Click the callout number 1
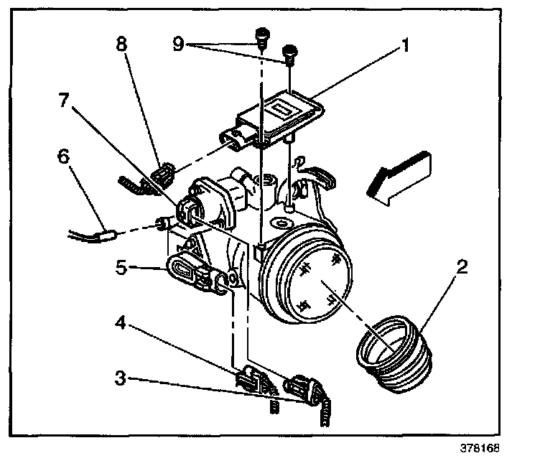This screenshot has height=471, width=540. pyautogui.click(x=406, y=48)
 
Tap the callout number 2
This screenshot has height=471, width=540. pyautogui.click(x=462, y=269)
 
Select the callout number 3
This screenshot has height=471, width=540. pyautogui.click(x=121, y=377)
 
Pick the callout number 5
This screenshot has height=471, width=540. pyautogui.click(x=121, y=269)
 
